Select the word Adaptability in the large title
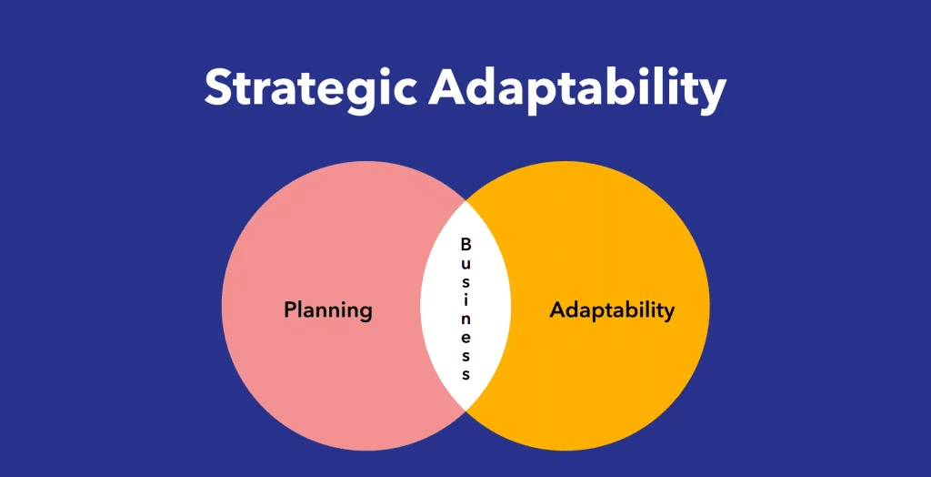tap(578, 88)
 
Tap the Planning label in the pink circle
tap(327, 310)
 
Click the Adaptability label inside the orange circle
tap(612, 310)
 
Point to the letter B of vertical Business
tap(466, 244)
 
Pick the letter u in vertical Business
tap(466, 263)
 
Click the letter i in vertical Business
tap(466, 299)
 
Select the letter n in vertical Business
tap(466, 319)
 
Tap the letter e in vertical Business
tap(466, 337)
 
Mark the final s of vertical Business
tap(466, 375)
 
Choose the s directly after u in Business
tap(466, 281)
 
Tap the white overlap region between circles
tap(466, 305)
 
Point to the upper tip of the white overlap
tap(466, 201)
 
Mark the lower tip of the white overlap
tap(466, 410)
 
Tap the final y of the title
tap(712, 96)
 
